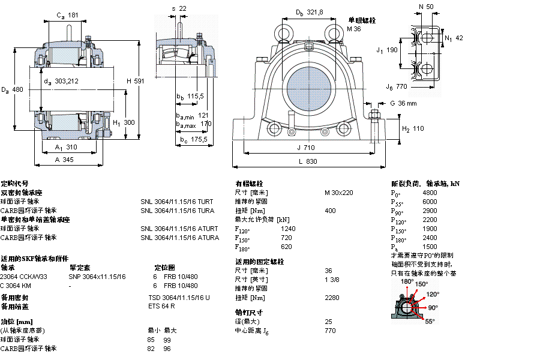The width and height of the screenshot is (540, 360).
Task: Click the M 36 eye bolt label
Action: [x=354, y=28]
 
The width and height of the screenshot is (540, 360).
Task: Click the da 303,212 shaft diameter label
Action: [x=61, y=81]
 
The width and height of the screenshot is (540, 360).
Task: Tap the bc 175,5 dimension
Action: [x=193, y=140]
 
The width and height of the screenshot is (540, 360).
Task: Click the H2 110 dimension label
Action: [x=412, y=128]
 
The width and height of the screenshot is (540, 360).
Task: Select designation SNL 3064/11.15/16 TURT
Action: [x=176, y=202]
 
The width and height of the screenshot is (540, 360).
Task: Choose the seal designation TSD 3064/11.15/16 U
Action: [x=179, y=298]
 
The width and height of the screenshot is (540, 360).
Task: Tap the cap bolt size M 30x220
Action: [x=338, y=193]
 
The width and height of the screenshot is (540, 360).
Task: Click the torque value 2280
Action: [x=332, y=298]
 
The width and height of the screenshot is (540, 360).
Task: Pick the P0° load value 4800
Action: [x=430, y=193]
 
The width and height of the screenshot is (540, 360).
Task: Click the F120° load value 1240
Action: [x=288, y=229]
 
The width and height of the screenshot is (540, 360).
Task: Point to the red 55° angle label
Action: [x=430, y=322]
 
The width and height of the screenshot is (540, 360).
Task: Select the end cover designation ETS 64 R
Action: [x=161, y=307]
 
